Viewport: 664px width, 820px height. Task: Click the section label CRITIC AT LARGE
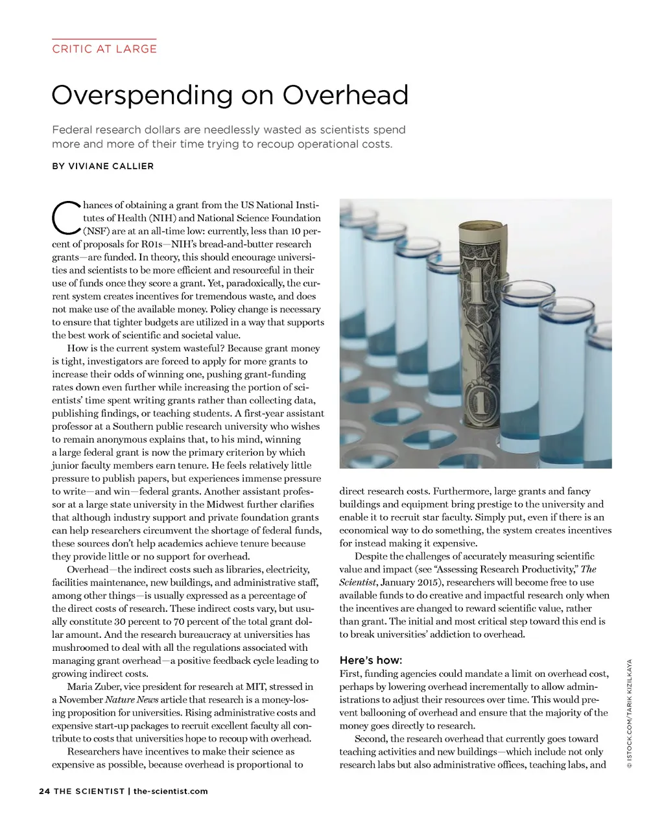coord(104,49)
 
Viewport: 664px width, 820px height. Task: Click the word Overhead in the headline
coord(346,95)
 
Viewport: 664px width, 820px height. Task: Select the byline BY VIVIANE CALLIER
coord(103,166)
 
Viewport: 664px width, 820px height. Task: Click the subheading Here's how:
coord(370,660)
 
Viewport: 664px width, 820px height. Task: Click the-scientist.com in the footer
coord(171,791)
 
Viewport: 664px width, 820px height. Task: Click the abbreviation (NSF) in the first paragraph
coord(96,231)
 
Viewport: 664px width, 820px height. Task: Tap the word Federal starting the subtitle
coord(72,130)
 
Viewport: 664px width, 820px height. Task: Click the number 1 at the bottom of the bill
coord(479,404)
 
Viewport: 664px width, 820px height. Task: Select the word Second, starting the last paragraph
coord(371,738)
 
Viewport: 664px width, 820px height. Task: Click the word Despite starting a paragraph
coord(372,556)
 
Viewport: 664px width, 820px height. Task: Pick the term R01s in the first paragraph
coord(152,244)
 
